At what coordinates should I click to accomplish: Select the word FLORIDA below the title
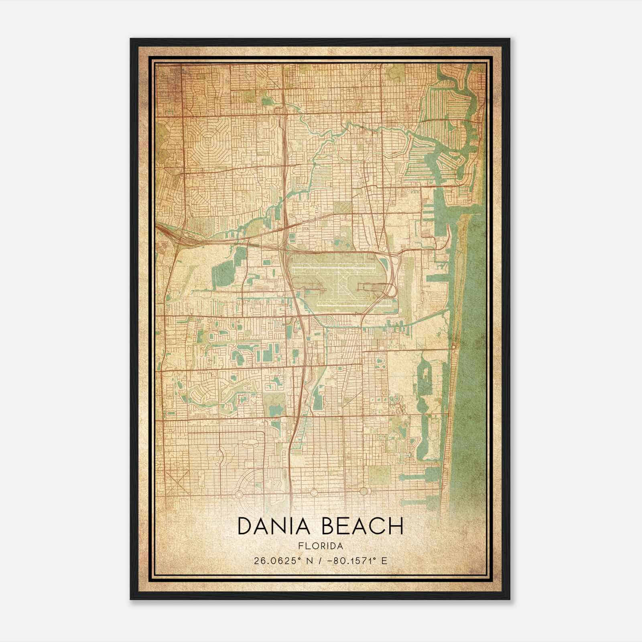click(x=321, y=546)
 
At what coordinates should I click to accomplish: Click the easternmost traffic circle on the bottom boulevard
click(x=364, y=491)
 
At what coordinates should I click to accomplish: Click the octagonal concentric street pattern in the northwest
click(x=210, y=140)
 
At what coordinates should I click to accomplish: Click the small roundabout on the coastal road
click(x=453, y=346)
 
